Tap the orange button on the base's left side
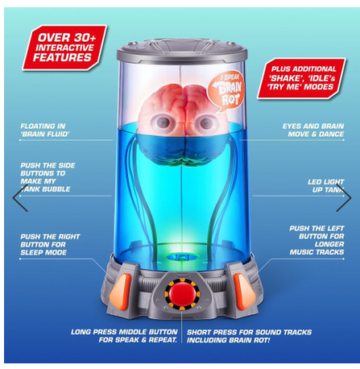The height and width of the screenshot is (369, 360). tap(120, 292)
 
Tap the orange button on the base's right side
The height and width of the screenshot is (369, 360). tap(244, 292)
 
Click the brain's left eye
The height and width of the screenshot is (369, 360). tap(163, 122)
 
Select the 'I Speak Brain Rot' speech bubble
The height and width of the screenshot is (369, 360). tap(227, 91)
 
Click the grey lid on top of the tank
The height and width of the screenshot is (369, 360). tap(182, 51)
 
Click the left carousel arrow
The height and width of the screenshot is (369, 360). tap(20, 198)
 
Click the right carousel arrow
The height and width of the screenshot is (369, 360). tap(344, 198)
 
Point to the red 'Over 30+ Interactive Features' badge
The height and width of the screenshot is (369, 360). tap(64, 48)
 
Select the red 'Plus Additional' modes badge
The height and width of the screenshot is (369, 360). tap(301, 78)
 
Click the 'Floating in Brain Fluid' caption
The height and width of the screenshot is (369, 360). tap(43, 130)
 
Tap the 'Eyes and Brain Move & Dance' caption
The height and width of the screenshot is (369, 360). tap(313, 130)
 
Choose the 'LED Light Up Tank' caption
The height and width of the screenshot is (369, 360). tap(326, 186)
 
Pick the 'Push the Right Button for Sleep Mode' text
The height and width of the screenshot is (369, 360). tap(50, 244)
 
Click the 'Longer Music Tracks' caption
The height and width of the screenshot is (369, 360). tap(317, 248)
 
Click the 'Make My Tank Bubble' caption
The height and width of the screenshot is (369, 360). tap(45, 185)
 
